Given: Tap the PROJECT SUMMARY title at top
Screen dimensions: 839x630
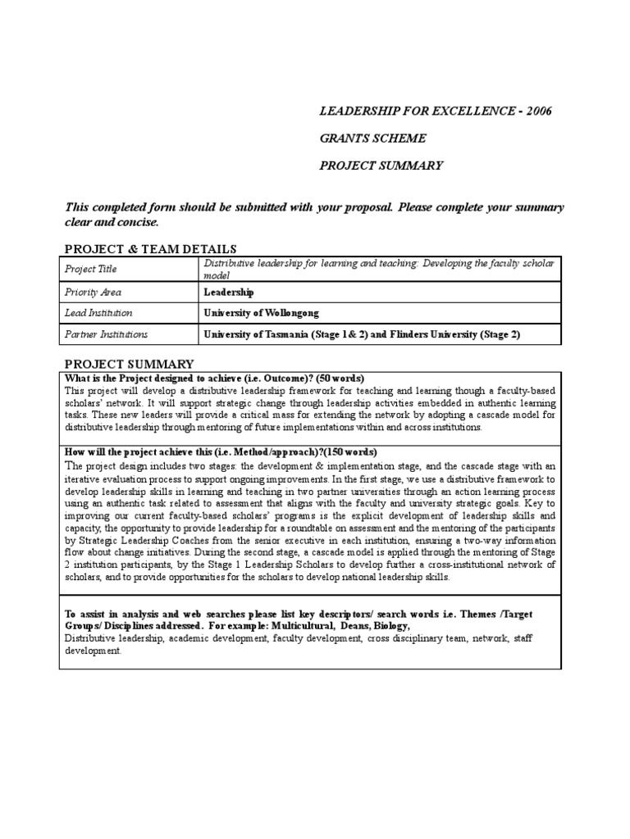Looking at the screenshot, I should pyautogui.click(x=381, y=166).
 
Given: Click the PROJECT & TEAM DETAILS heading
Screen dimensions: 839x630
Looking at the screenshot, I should pyautogui.click(x=151, y=248).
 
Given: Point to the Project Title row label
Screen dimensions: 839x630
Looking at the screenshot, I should pyautogui.click(x=91, y=269).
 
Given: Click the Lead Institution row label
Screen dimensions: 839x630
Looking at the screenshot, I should pyautogui.click(x=98, y=313).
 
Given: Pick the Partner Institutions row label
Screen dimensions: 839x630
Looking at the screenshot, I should pyautogui.click(x=106, y=334).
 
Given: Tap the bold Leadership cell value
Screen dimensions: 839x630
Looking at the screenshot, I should pyautogui.click(x=229, y=292).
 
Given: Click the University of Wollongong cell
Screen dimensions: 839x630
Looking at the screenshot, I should pyautogui.click(x=261, y=313).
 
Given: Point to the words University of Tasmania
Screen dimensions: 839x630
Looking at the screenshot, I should pyautogui.click(x=260, y=334).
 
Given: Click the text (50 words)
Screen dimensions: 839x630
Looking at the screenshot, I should pyautogui.click(x=341, y=378).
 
